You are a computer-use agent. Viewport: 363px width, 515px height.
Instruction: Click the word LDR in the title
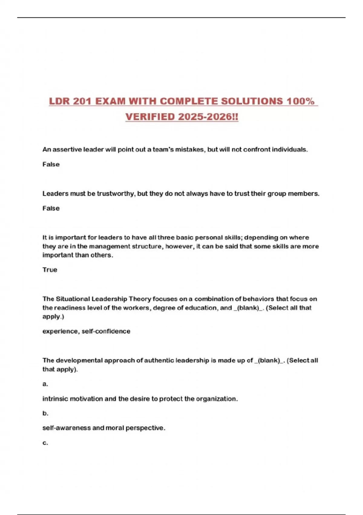coord(59,101)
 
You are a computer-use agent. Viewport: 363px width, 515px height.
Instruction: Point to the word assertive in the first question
coord(67,149)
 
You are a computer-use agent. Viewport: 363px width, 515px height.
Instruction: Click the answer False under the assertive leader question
coord(51,164)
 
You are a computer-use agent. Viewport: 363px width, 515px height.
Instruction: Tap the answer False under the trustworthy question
coord(51,208)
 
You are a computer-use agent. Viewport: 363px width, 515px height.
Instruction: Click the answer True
coord(50,270)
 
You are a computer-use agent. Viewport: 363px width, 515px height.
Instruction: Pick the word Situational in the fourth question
coord(73,299)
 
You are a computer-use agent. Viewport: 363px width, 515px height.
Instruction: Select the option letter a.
coord(45,384)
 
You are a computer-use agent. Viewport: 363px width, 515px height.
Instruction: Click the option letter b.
coord(45,413)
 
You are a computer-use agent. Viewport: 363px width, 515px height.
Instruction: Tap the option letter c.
coord(45,443)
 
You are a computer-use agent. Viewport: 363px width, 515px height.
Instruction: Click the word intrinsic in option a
coord(55,399)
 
